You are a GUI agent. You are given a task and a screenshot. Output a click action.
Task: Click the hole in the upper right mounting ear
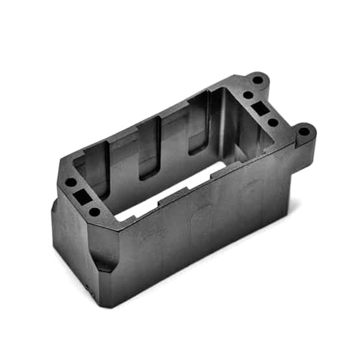tap(257, 79)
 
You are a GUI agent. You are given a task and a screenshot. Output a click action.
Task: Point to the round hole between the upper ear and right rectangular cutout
tap(247, 95)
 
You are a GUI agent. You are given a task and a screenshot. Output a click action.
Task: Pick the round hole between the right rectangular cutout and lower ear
tap(273, 122)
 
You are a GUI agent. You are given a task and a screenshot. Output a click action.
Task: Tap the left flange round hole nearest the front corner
tap(95, 211)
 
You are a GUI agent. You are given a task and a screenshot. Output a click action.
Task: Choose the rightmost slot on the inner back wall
tap(199, 123)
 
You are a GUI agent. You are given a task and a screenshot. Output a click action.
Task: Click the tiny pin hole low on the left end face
tap(86, 286)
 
